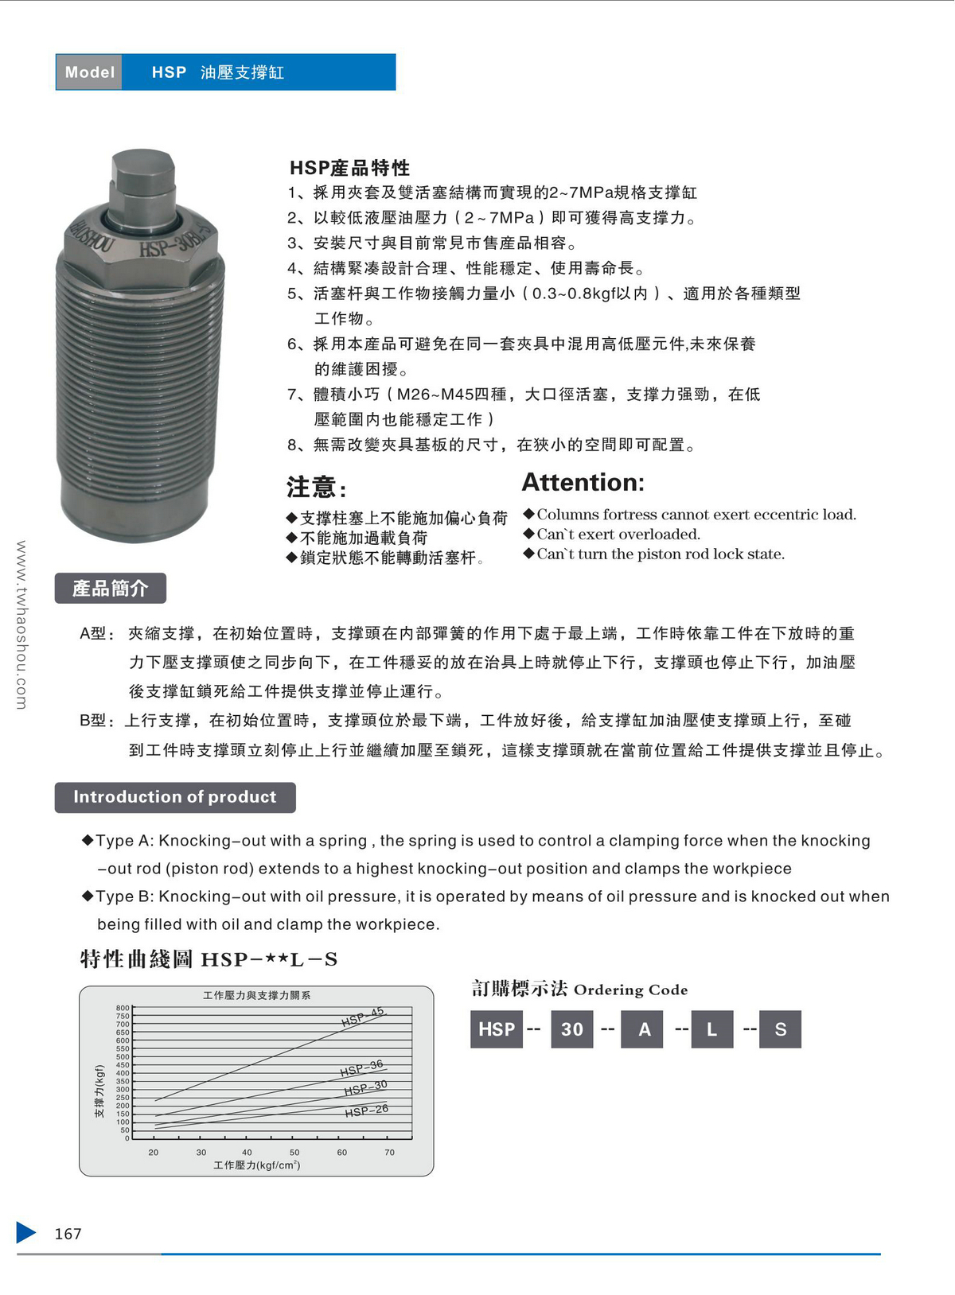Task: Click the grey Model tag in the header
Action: tap(89, 72)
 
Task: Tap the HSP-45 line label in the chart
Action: tap(363, 1017)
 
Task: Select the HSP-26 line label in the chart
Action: tap(366, 1110)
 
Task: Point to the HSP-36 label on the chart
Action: tap(361, 1068)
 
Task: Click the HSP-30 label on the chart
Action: tap(365, 1087)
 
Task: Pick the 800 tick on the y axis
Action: tap(123, 1008)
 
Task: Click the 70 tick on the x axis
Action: tap(389, 1152)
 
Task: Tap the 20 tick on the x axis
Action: tap(154, 1152)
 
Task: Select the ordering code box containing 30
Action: tap(571, 1029)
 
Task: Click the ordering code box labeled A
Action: tap(644, 1029)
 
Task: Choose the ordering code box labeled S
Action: tap(780, 1029)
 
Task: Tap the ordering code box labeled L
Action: tap(711, 1029)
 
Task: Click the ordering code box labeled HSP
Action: tap(497, 1029)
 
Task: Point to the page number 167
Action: tap(68, 1234)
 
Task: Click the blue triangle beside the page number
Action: tap(25, 1232)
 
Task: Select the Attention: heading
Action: tap(583, 483)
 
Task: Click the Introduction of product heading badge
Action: tap(175, 797)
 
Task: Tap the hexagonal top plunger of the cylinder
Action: tap(143, 177)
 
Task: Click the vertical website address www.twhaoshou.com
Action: tap(21, 624)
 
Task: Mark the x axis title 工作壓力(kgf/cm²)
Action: tap(256, 1165)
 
